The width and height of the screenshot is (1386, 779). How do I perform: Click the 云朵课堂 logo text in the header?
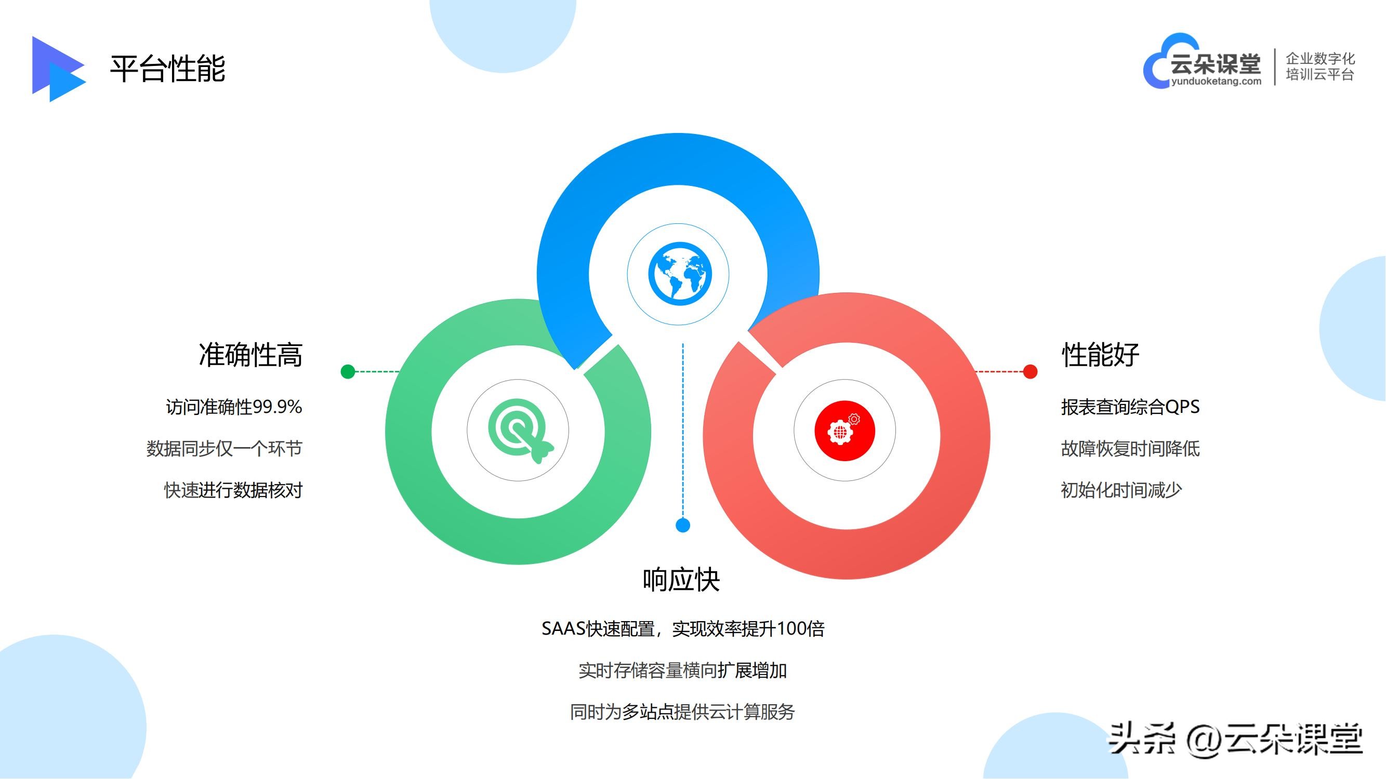[x=1215, y=64]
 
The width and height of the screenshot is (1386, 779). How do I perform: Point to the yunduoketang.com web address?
[x=1216, y=81]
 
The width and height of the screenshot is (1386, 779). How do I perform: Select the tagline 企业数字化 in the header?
[x=1320, y=58]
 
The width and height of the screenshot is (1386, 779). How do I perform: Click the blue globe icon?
[x=680, y=274]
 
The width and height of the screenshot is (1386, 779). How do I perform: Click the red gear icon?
[x=844, y=431]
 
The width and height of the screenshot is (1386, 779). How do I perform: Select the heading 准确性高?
[x=250, y=355]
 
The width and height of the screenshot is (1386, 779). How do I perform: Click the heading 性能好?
[x=1100, y=355]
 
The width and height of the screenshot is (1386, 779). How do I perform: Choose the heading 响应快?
[x=681, y=580]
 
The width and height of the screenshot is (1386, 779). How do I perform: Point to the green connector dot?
[x=348, y=371]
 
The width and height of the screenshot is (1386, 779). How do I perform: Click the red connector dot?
[x=1030, y=371]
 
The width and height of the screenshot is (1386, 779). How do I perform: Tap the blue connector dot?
[x=683, y=525]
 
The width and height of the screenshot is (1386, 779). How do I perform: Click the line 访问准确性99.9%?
[x=233, y=407]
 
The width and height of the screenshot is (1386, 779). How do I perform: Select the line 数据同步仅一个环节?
[x=225, y=448]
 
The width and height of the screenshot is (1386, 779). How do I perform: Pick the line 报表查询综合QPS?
[x=1130, y=407]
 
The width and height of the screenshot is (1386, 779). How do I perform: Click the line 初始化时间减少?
[x=1121, y=490]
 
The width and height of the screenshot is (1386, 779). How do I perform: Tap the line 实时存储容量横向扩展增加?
[x=682, y=670]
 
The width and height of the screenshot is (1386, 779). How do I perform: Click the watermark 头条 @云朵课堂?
[x=1235, y=740]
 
